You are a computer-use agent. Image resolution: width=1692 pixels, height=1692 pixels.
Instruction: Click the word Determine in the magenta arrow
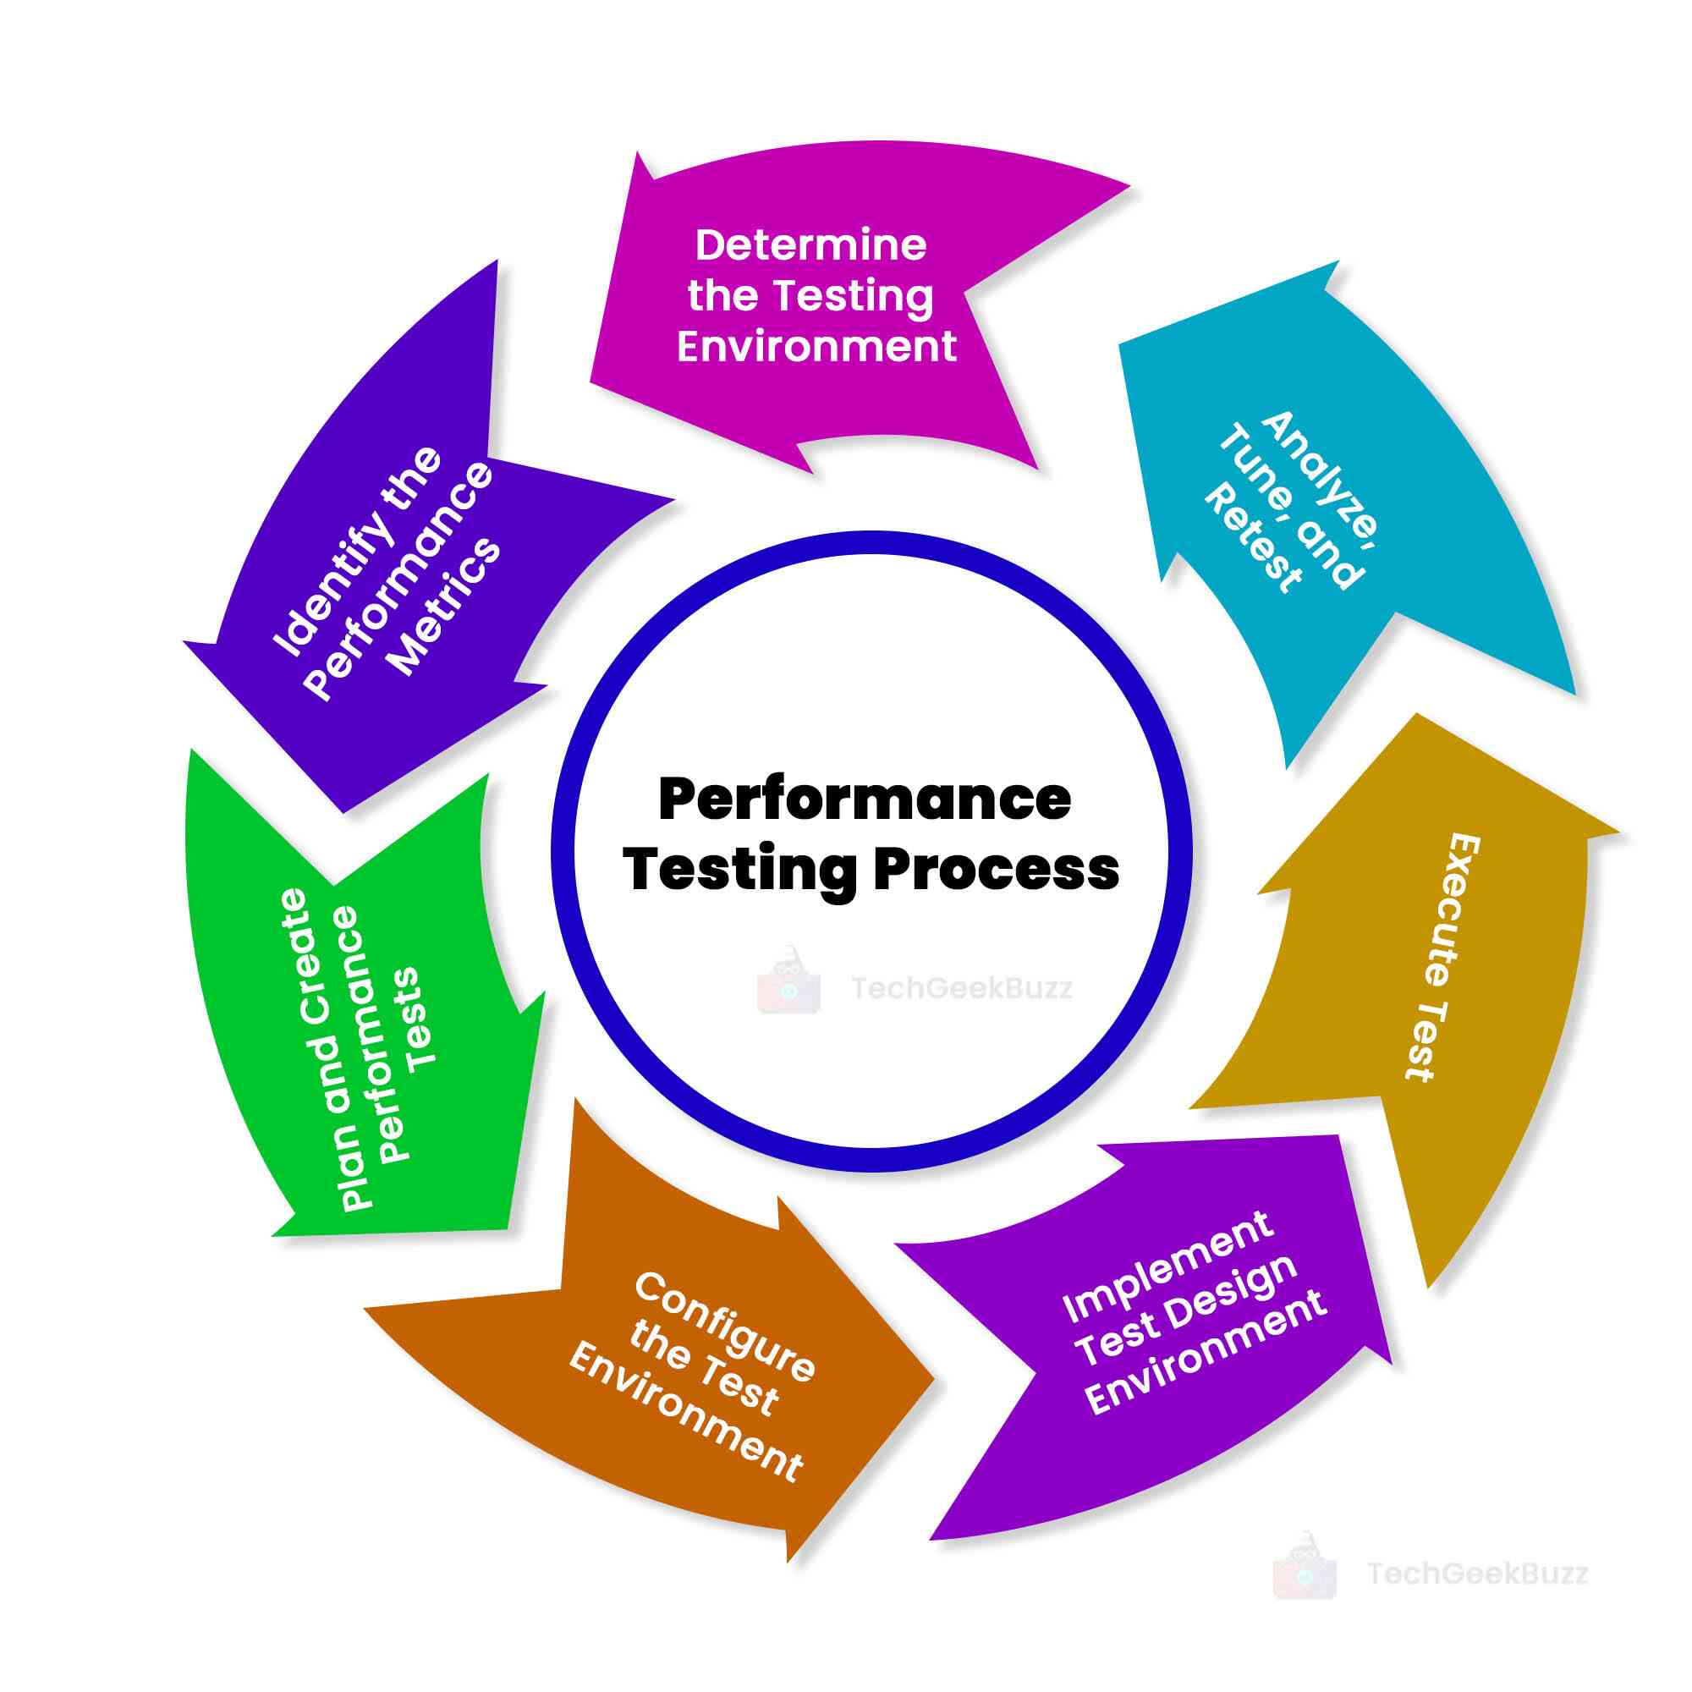pyautogui.click(x=810, y=245)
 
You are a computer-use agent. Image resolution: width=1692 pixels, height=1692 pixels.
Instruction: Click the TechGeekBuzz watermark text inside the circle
pyautogui.click(x=962, y=989)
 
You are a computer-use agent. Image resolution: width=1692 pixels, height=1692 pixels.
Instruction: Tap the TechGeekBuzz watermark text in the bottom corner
pyautogui.click(x=1477, y=1574)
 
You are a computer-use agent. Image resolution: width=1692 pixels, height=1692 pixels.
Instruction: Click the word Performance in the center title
pyautogui.click(x=865, y=799)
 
